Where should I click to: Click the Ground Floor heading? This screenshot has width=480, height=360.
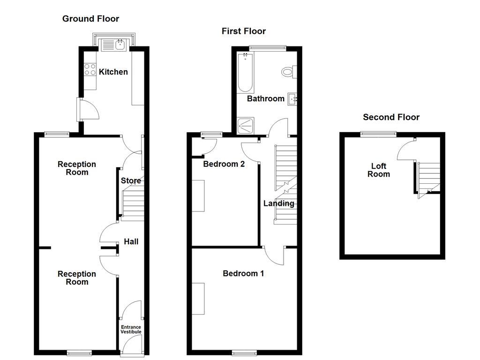pyautogui.click(x=91, y=19)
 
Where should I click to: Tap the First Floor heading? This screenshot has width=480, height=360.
pyautogui.click(x=244, y=31)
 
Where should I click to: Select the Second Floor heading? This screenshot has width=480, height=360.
pyautogui.click(x=392, y=117)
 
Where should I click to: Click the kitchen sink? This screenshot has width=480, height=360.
pyautogui.click(x=114, y=45)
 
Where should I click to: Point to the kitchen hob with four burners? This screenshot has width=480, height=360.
pyautogui.click(x=90, y=69)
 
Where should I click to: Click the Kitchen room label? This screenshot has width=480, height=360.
pyautogui.click(x=113, y=72)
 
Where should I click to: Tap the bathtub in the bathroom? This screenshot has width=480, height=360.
pyautogui.click(x=245, y=73)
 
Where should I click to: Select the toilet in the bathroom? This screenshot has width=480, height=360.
pyautogui.click(x=287, y=73)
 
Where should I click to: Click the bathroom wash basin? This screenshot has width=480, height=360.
pyautogui.click(x=292, y=99)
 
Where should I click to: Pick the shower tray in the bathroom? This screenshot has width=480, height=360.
pyautogui.click(x=245, y=125)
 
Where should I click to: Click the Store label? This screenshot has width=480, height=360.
pyautogui.click(x=131, y=181)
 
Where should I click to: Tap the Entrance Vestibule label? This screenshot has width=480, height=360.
pyautogui.click(x=131, y=330)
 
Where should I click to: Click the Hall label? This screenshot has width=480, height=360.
pyautogui.click(x=131, y=242)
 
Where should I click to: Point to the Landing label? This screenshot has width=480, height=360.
pyautogui.click(x=279, y=203)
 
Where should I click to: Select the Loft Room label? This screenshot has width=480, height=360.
pyautogui.click(x=378, y=170)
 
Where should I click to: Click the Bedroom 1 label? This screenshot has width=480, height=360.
pyautogui.click(x=243, y=273)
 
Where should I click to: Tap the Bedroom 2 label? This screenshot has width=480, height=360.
pyautogui.click(x=224, y=164)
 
